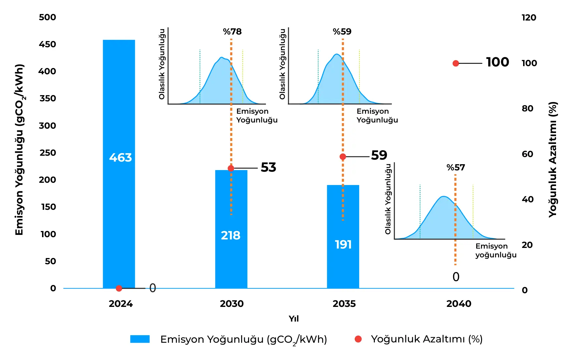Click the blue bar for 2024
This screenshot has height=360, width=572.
click(x=119, y=164)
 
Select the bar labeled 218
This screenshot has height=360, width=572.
click(x=231, y=229)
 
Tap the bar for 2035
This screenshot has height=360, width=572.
click(x=343, y=237)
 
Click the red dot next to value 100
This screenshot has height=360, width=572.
click(x=456, y=63)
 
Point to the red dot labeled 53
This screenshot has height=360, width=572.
click(x=231, y=168)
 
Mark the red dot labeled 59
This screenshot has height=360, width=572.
click(x=343, y=157)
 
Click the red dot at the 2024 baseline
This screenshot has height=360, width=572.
click(x=119, y=288)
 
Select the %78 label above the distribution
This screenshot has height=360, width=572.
click(x=232, y=32)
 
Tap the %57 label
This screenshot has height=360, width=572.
click(x=456, y=167)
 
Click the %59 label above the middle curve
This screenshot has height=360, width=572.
click(x=342, y=32)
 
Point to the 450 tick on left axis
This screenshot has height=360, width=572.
click(x=47, y=44)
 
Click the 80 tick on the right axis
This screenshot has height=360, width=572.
click(x=527, y=108)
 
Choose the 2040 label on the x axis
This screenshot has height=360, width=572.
click(x=459, y=304)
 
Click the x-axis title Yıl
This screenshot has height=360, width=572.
click(x=294, y=319)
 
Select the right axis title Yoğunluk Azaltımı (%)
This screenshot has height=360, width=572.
click(x=553, y=159)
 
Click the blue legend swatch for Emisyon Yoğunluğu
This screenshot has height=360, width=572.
click(x=140, y=339)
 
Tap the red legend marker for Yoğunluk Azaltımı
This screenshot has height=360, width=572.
click(x=358, y=339)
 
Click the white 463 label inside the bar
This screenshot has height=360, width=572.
click(x=120, y=158)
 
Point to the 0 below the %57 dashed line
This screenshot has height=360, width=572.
click(x=456, y=277)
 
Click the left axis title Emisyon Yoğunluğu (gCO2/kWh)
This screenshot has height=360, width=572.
click(x=20, y=150)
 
